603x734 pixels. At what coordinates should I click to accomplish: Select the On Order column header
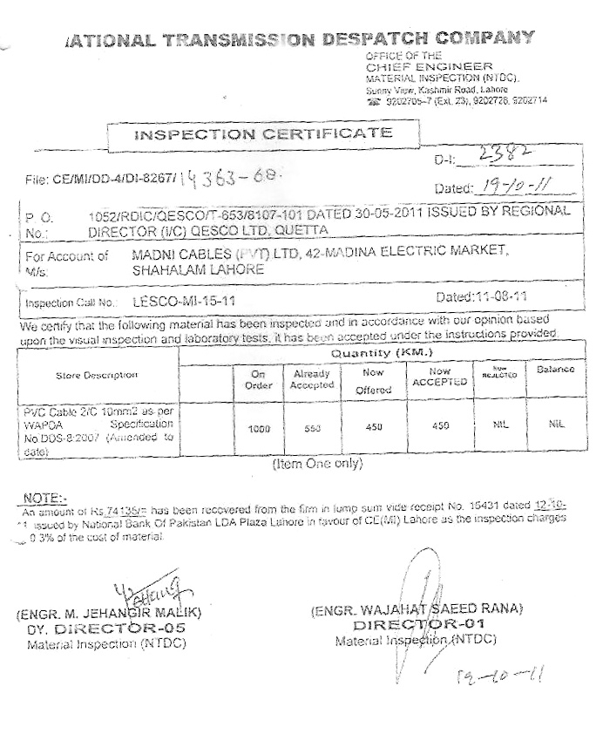coord(258,379)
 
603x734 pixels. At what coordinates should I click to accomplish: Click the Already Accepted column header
coord(311,379)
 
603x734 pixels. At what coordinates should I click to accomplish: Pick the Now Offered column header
coord(373,381)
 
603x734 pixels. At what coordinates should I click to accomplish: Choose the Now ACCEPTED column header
coord(438,377)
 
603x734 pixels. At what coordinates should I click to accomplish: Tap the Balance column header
coord(555,370)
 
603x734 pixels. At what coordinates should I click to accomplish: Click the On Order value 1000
coord(258,429)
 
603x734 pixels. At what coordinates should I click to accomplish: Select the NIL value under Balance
coord(555,425)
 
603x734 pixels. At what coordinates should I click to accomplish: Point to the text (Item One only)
coord(317,464)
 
